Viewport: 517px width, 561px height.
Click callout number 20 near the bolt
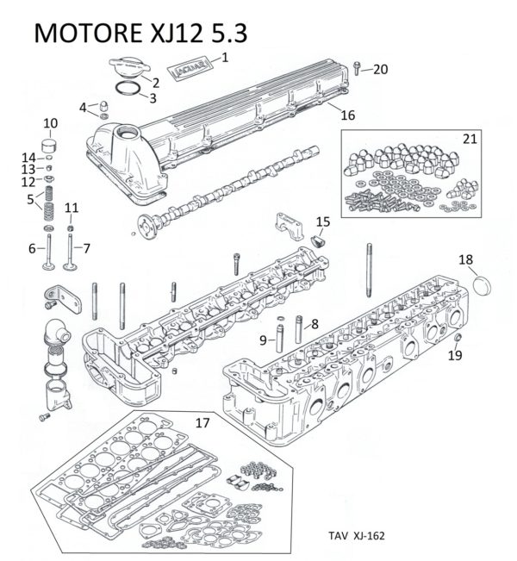coord(380,69)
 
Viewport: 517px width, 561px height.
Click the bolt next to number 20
coord(357,68)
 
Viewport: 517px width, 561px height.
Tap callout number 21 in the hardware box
coord(468,138)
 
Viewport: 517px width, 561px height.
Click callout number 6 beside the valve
coord(32,248)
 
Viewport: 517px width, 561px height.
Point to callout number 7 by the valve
coord(86,248)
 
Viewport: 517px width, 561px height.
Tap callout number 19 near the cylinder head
coord(455,354)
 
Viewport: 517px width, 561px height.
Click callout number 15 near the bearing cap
coord(322,222)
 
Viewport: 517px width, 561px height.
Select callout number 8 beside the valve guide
coord(314,324)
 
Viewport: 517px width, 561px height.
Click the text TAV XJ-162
coord(355,535)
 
